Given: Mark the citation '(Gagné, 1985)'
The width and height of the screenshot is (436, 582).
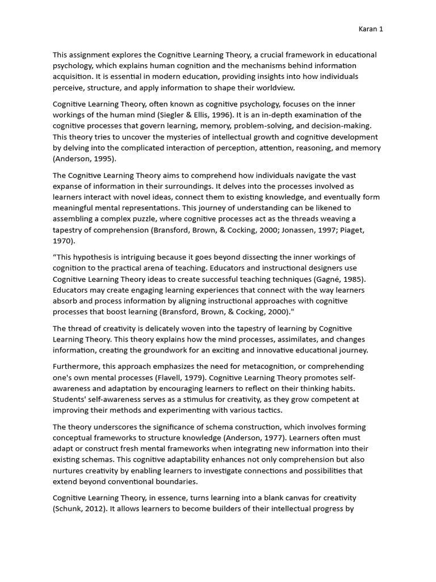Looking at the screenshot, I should coord(342,278).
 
